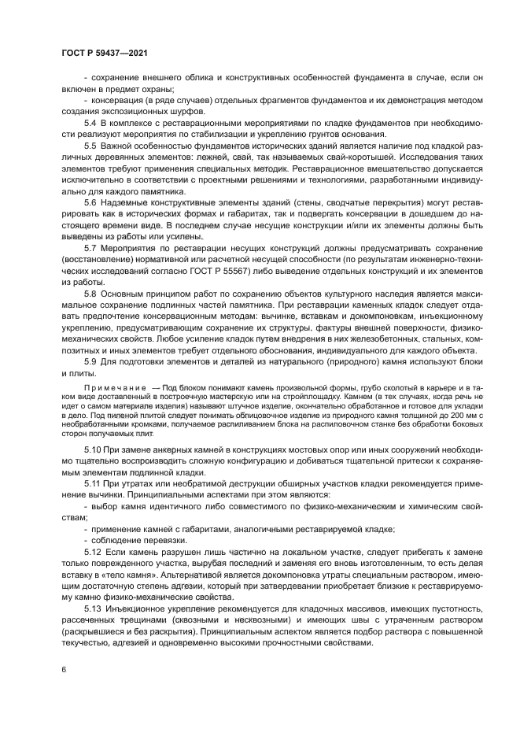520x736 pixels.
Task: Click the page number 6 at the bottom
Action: [x=64, y=669]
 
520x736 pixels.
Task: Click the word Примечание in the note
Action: [x=109, y=388]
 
